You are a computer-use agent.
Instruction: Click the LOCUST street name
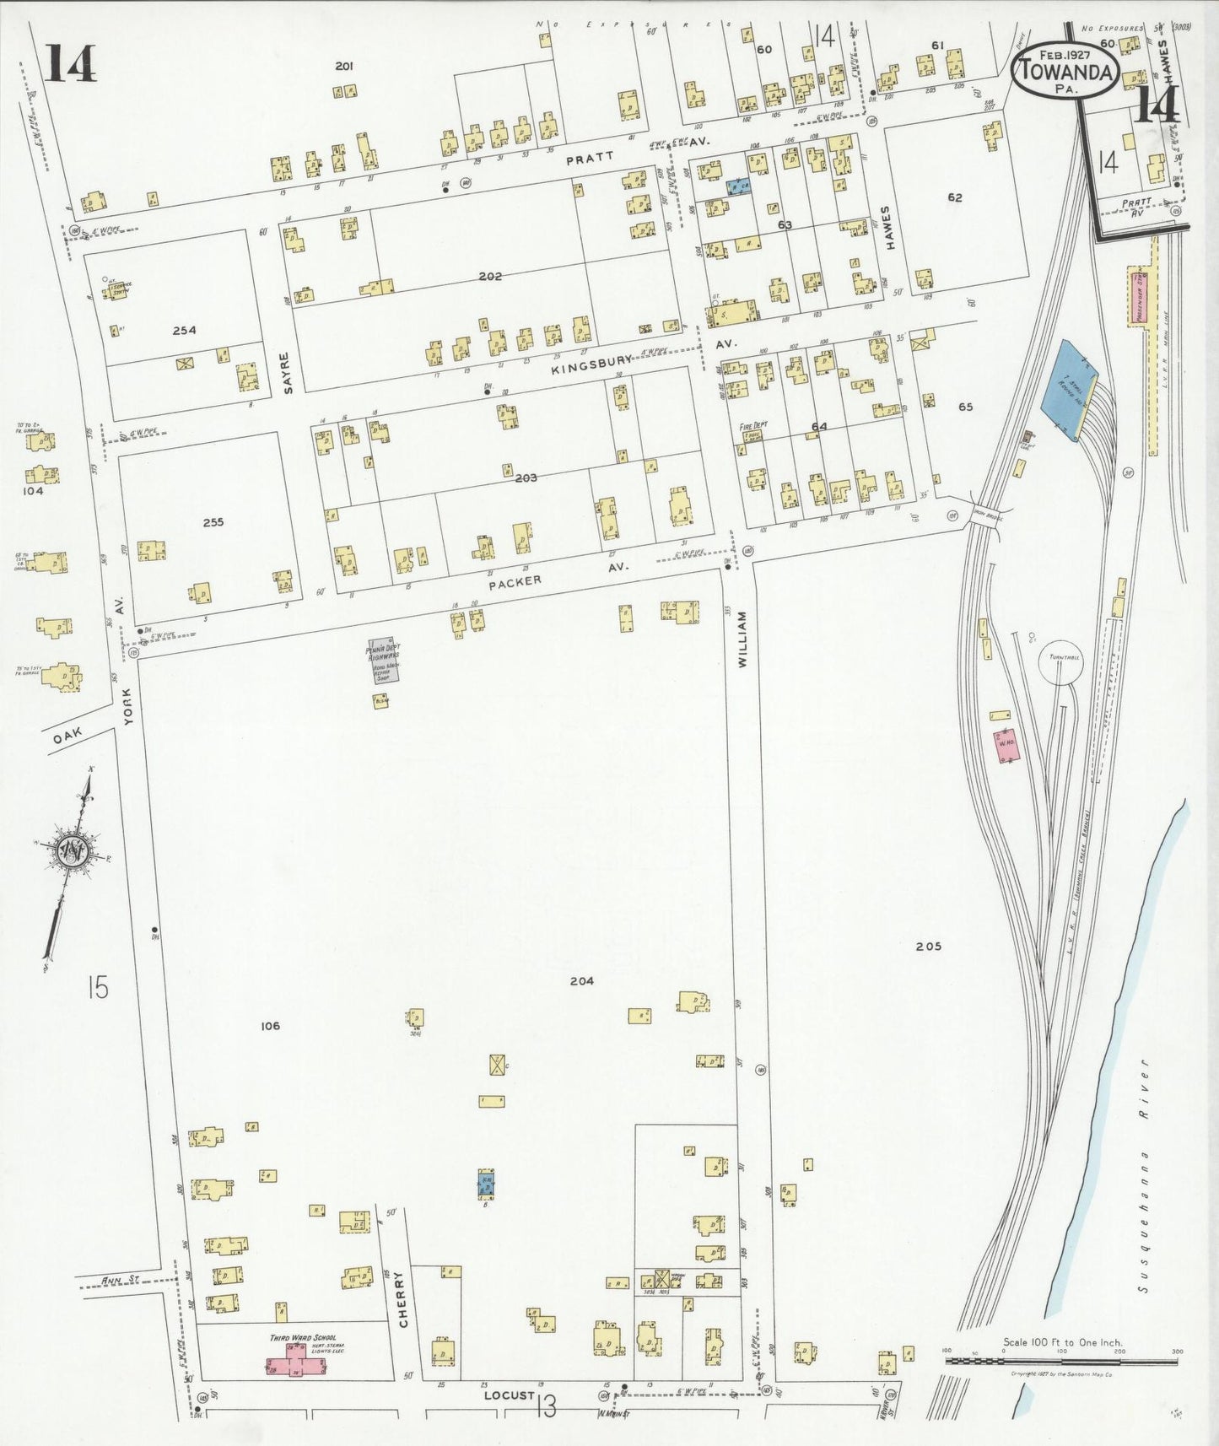coord(509,1395)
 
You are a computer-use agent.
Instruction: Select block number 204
coord(581,980)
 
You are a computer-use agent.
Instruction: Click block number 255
coord(213,522)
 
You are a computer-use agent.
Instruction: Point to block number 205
coord(928,946)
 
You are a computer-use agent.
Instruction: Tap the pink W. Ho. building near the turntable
coord(1005,746)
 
